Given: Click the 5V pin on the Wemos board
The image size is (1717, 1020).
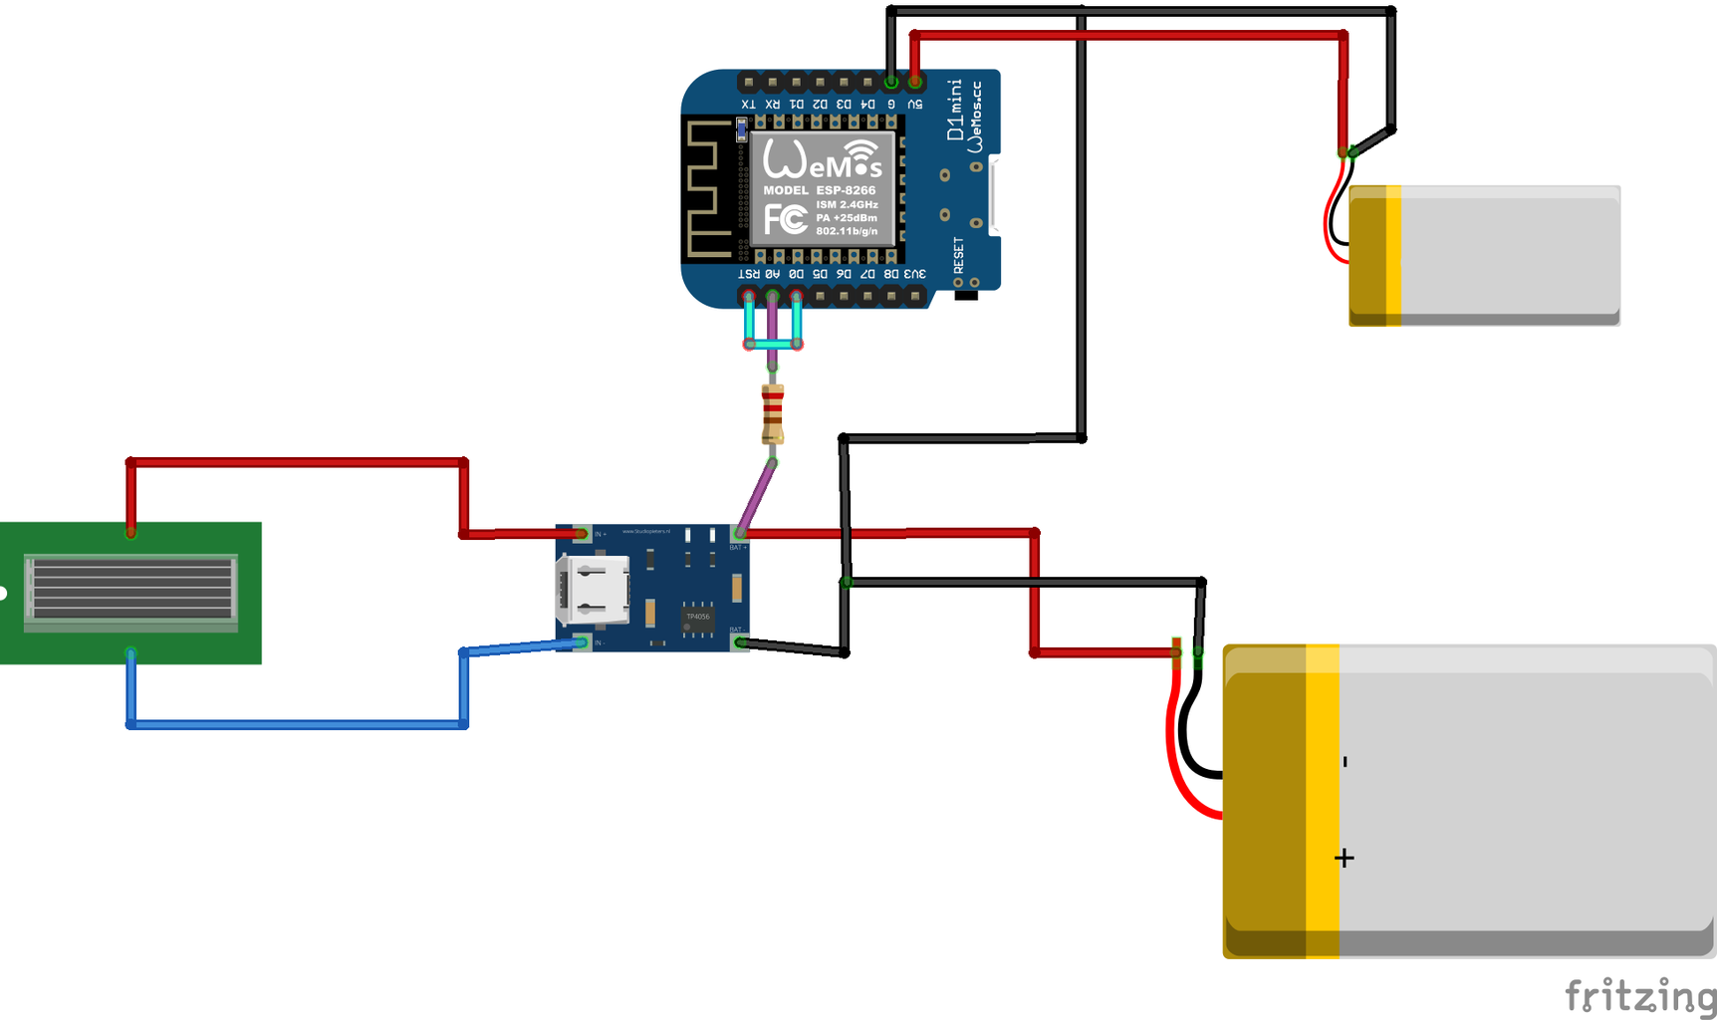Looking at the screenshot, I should click(915, 82).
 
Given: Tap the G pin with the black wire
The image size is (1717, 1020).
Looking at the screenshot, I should click(891, 82).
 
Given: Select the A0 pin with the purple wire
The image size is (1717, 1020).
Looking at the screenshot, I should click(773, 296).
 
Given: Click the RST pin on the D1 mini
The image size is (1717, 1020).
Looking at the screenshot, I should click(749, 296).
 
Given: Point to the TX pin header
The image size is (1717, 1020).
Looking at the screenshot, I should click(749, 82).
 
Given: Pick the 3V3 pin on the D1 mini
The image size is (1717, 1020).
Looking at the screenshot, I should click(915, 296).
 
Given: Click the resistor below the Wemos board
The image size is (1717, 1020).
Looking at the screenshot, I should click(773, 413).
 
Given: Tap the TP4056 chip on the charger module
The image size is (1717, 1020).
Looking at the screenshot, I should click(697, 618).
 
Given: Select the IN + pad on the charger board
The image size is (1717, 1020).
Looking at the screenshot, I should click(582, 534).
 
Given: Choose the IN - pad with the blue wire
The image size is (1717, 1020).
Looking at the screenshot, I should click(582, 642).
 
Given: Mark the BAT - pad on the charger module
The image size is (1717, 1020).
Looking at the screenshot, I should click(740, 642).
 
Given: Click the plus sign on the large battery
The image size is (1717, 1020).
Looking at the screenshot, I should click(1345, 858).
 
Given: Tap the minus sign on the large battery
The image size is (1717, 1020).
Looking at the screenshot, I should click(1345, 762).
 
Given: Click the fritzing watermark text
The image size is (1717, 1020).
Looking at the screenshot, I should click(1639, 996).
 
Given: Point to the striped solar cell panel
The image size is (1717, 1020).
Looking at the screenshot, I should click(130, 589).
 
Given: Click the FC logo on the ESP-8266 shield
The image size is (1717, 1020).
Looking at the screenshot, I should click(786, 219).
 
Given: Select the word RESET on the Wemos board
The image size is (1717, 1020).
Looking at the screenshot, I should click(958, 255).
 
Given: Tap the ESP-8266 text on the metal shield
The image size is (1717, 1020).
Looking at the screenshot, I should click(846, 190).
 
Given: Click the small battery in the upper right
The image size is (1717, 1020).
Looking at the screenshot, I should click(1484, 255).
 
